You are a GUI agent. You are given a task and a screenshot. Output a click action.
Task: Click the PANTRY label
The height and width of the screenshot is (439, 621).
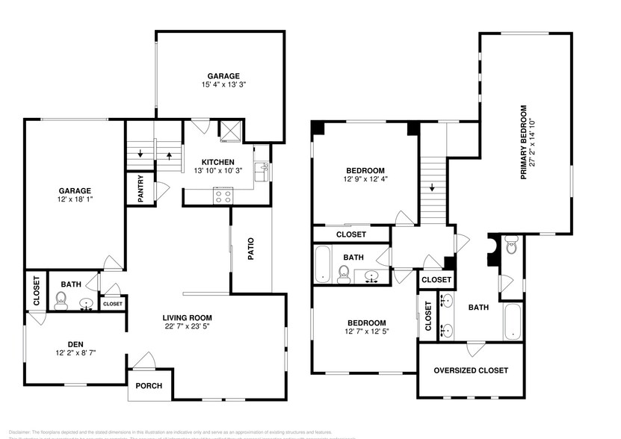point(140,188)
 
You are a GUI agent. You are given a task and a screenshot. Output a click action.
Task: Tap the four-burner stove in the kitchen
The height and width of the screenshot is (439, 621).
point(223,196)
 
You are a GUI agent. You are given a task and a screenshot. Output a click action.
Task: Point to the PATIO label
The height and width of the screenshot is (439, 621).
point(251,249)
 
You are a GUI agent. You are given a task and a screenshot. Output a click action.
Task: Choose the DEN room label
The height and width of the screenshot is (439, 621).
point(75,344)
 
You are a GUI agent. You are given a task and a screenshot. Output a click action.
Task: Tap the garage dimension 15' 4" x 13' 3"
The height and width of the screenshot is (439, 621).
point(224,85)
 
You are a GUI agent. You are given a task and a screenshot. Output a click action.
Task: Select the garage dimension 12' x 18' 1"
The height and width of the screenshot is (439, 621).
point(73,200)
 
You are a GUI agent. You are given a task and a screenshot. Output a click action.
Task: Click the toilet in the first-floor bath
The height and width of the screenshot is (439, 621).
point(61,301)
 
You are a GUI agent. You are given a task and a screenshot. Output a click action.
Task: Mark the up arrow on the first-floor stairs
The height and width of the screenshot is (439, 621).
point(169,156)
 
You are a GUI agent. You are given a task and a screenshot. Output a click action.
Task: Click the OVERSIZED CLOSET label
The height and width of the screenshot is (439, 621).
point(471,370)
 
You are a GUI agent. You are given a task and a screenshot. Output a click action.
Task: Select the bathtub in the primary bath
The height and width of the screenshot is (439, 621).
point(513,320)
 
